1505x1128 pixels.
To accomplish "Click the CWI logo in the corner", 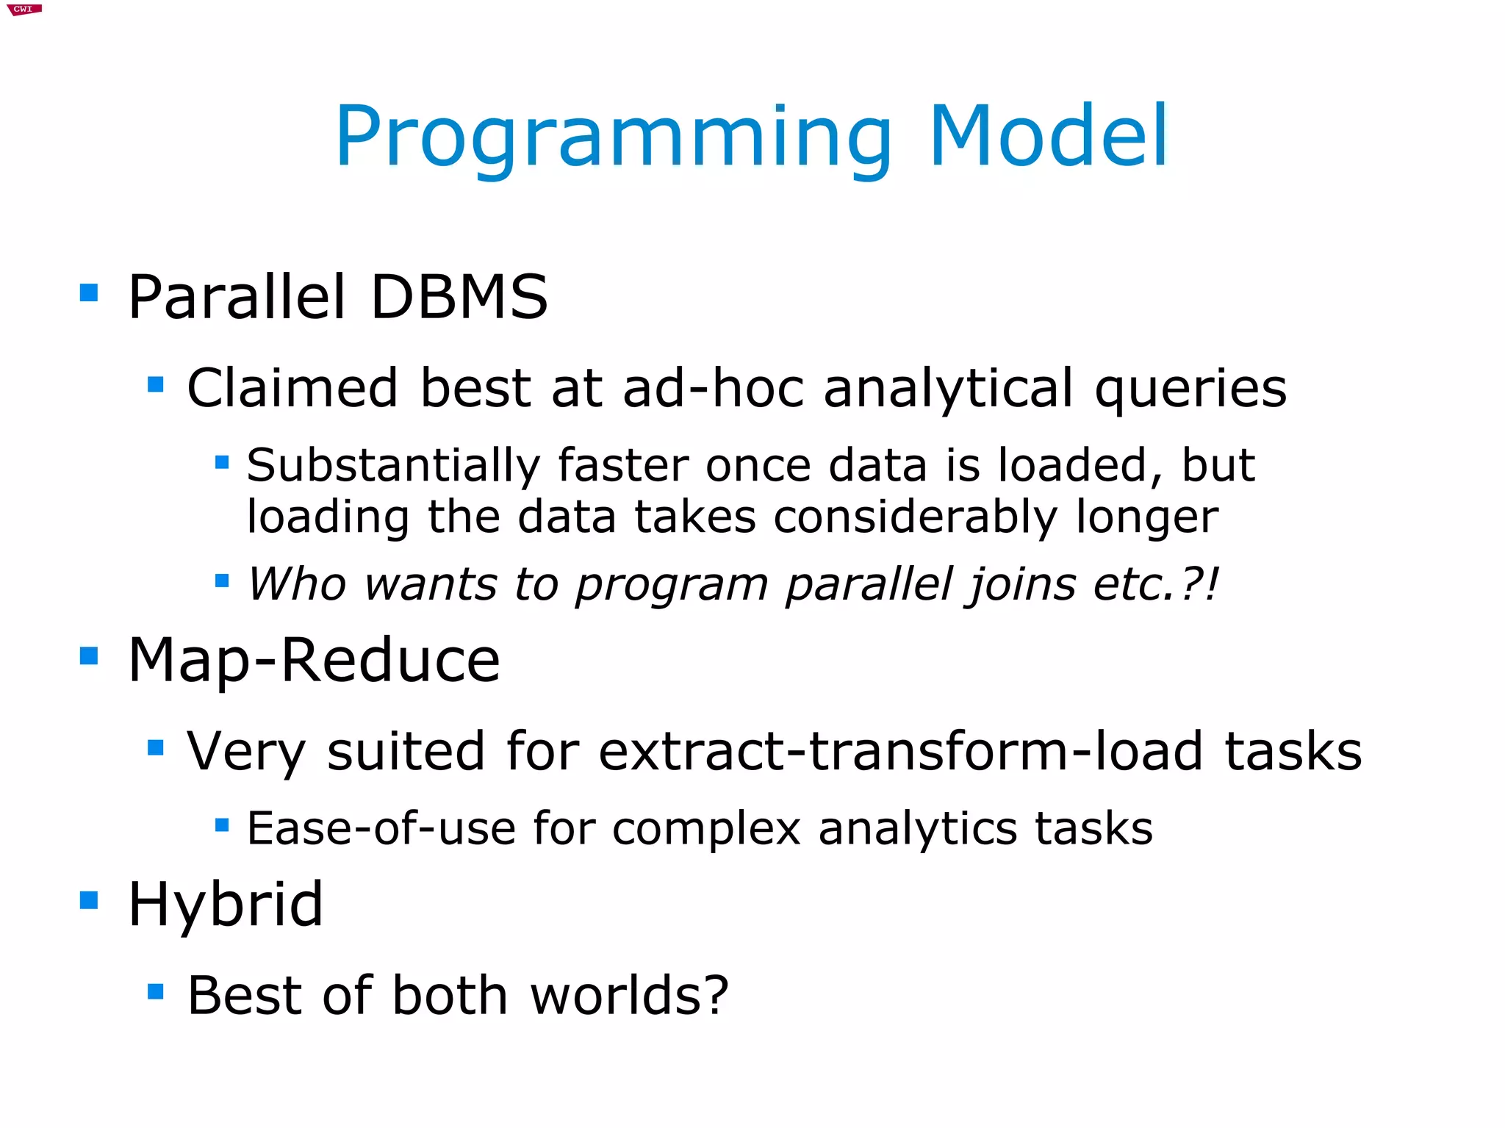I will (x=24, y=9).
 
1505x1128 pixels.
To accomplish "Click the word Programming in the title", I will (x=614, y=137).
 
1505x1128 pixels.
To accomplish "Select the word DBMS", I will (x=459, y=297).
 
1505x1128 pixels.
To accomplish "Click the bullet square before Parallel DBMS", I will (x=89, y=293).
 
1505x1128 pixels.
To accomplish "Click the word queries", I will (x=1190, y=389).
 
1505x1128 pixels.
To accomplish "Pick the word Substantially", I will (x=393, y=466).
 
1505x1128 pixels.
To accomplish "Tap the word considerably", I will (x=915, y=517).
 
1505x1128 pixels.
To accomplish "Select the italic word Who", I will (x=297, y=584).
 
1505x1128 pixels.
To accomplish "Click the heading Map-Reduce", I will (x=314, y=661).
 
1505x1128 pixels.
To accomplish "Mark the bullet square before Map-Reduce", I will (x=89, y=655).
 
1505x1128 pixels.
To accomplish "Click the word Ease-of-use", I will (x=381, y=828).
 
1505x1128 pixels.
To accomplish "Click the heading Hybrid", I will (x=225, y=905).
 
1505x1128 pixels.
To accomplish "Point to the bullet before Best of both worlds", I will (x=155, y=992).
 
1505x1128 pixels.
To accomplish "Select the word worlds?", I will (x=629, y=995).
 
